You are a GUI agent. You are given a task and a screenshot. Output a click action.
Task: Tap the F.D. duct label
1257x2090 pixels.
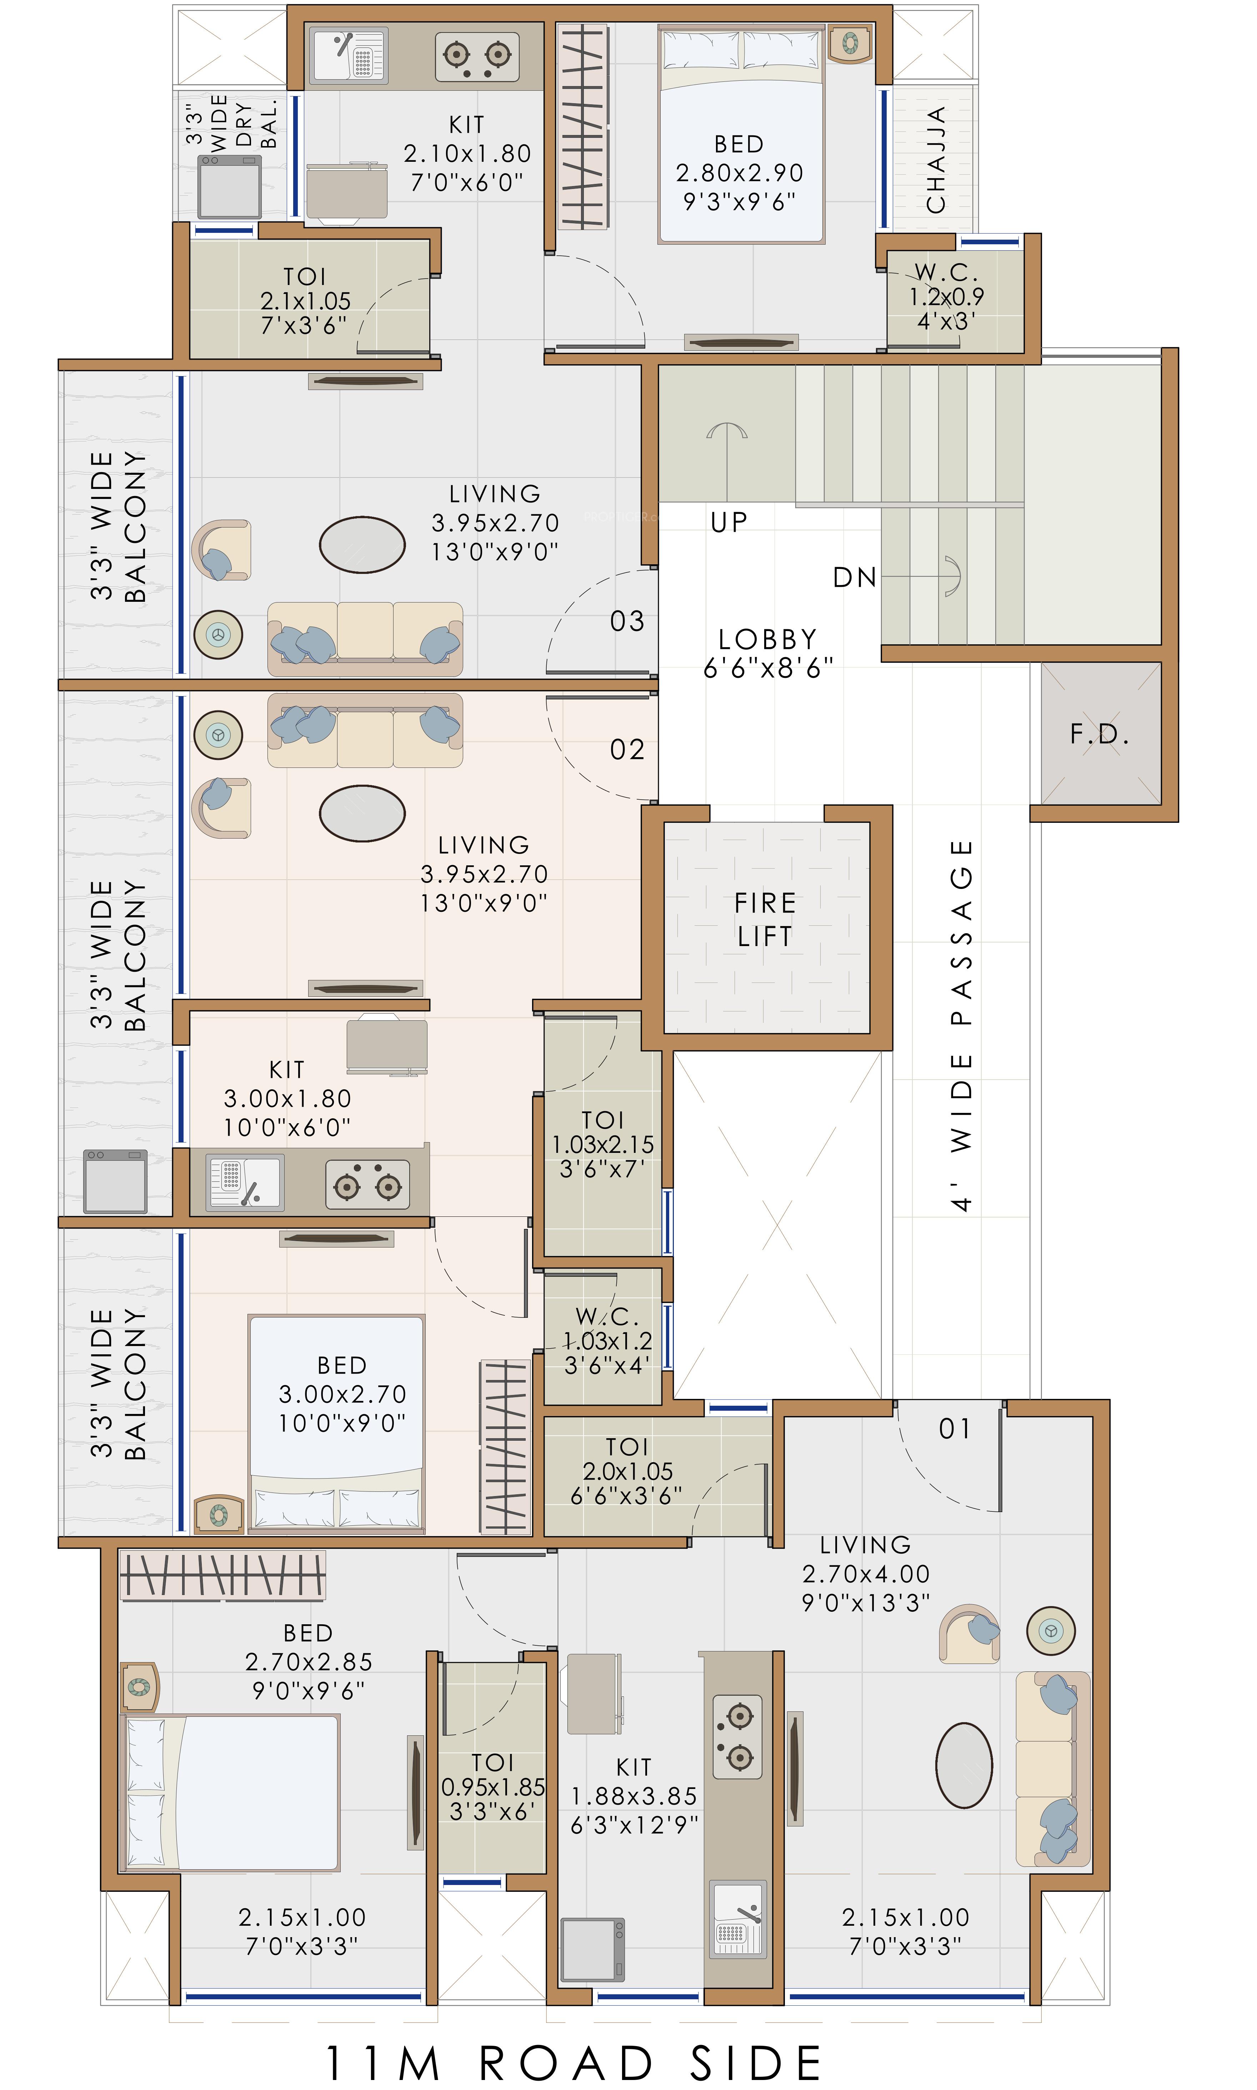point(1100,734)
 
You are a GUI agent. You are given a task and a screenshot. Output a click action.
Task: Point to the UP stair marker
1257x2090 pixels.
point(728,522)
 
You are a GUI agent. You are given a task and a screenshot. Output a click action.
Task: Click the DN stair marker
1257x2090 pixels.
point(854,578)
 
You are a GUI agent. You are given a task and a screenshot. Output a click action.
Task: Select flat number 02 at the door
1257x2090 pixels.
point(627,749)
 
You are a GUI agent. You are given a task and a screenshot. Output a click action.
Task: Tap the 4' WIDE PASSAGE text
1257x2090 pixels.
point(961,1025)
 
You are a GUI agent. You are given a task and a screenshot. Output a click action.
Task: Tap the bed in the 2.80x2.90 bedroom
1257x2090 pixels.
point(741,136)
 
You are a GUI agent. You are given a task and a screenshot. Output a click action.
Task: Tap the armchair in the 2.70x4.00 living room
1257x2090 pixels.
point(970,1632)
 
